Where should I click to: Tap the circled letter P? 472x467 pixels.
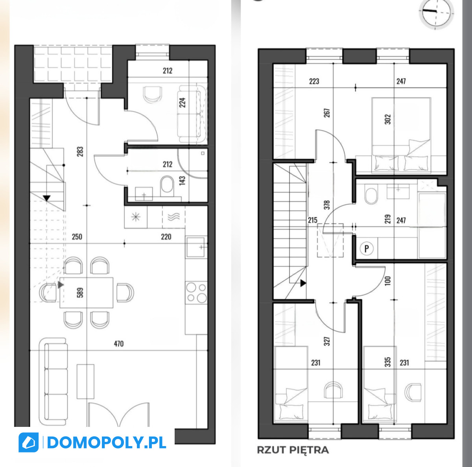coord(367,249)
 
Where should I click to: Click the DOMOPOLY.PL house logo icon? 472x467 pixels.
coord(28,442)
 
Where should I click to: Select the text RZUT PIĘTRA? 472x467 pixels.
coord(293,450)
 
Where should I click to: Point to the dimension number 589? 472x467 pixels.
coord(80,293)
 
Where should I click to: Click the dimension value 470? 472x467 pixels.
coord(118,344)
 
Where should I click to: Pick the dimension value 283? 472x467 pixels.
coord(80,151)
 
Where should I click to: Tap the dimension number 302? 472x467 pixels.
coord(388,119)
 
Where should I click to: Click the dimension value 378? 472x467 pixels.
coord(327,205)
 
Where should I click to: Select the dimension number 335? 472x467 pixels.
coord(388,362)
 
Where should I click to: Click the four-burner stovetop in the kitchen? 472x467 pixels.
coord(196,292)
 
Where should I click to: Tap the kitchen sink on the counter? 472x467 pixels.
coord(196,247)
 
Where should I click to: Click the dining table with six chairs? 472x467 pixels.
coord(87,293)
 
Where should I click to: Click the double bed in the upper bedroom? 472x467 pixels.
coord(401,135)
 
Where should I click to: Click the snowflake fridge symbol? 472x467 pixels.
coord(136,217)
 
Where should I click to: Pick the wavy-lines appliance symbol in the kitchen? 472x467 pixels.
coord(174,217)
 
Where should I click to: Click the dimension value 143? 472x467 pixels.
coord(182,181)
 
